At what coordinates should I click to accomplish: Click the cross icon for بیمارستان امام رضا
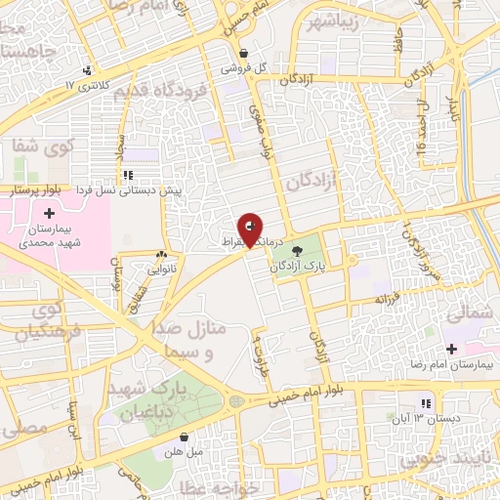pos(450,349)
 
